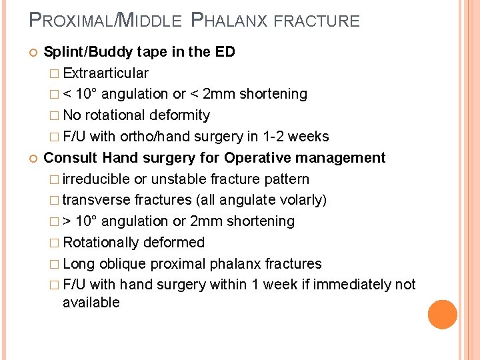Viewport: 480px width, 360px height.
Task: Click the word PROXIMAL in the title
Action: pos(71,21)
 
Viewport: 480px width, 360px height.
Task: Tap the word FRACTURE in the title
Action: pos(317,21)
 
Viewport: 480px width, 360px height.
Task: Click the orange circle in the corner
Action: pos(443,314)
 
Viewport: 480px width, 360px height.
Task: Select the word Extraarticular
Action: pos(105,73)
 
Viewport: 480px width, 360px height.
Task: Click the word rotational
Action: pos(115,115)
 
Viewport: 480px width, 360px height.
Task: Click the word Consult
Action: pos(69,158)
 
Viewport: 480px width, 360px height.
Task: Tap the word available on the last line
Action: pos(91,303)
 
